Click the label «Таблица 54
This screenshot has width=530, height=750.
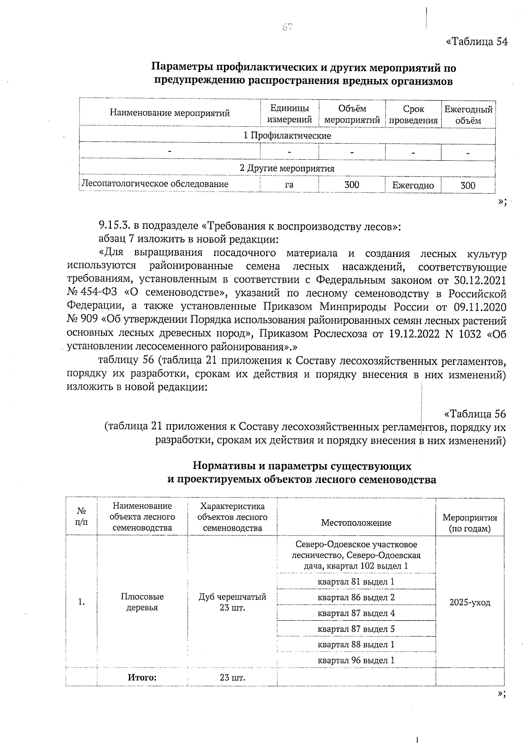[x=477, y=41]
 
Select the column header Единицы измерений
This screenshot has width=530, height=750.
[x=289, y=114]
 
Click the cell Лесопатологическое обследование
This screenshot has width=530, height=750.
[x=154, y=184]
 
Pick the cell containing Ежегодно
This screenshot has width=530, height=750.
[x=413, y=185]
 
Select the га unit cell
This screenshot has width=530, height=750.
[x=289, y=185]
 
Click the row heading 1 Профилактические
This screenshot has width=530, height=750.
[x=287, y=136]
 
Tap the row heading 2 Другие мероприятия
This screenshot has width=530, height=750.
[x=287, y=168]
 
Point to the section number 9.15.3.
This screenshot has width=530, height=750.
[x=114, y=227]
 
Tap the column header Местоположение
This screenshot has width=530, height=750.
[x=356, y=523]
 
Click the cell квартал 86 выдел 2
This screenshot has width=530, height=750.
[x=356, y=597]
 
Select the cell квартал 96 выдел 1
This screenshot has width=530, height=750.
[x=356, y=660]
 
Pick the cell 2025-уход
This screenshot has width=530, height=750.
[x=470, y=603]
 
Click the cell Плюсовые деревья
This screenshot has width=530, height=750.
[x=142, y=602]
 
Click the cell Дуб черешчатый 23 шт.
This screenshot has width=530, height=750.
[x=232, y=602]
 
